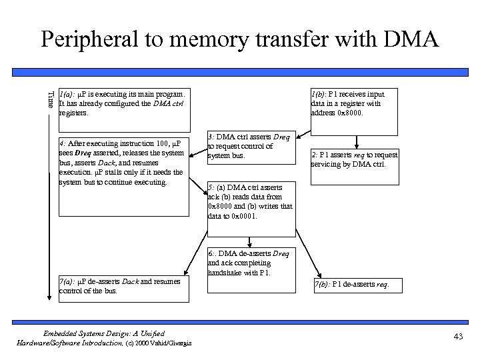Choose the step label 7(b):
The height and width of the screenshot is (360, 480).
tap(323, 285)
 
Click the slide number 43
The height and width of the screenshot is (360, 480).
tap(457, 337)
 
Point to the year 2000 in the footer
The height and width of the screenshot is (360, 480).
tap(142, 343)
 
